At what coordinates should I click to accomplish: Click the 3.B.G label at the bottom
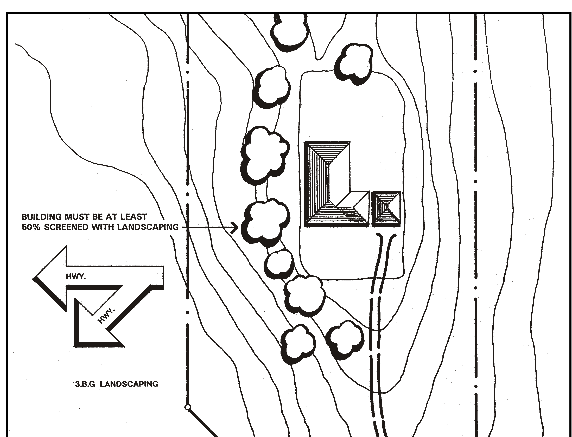pyautogui.click(x=85, y=384)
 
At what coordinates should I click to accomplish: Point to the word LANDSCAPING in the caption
pyautogui.click(x=129, y=384)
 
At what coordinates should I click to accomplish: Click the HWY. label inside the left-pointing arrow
pyautogui.click(x=76, y=277)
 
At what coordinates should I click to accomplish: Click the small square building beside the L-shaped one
pyautogui.click(x=386, y=209)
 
